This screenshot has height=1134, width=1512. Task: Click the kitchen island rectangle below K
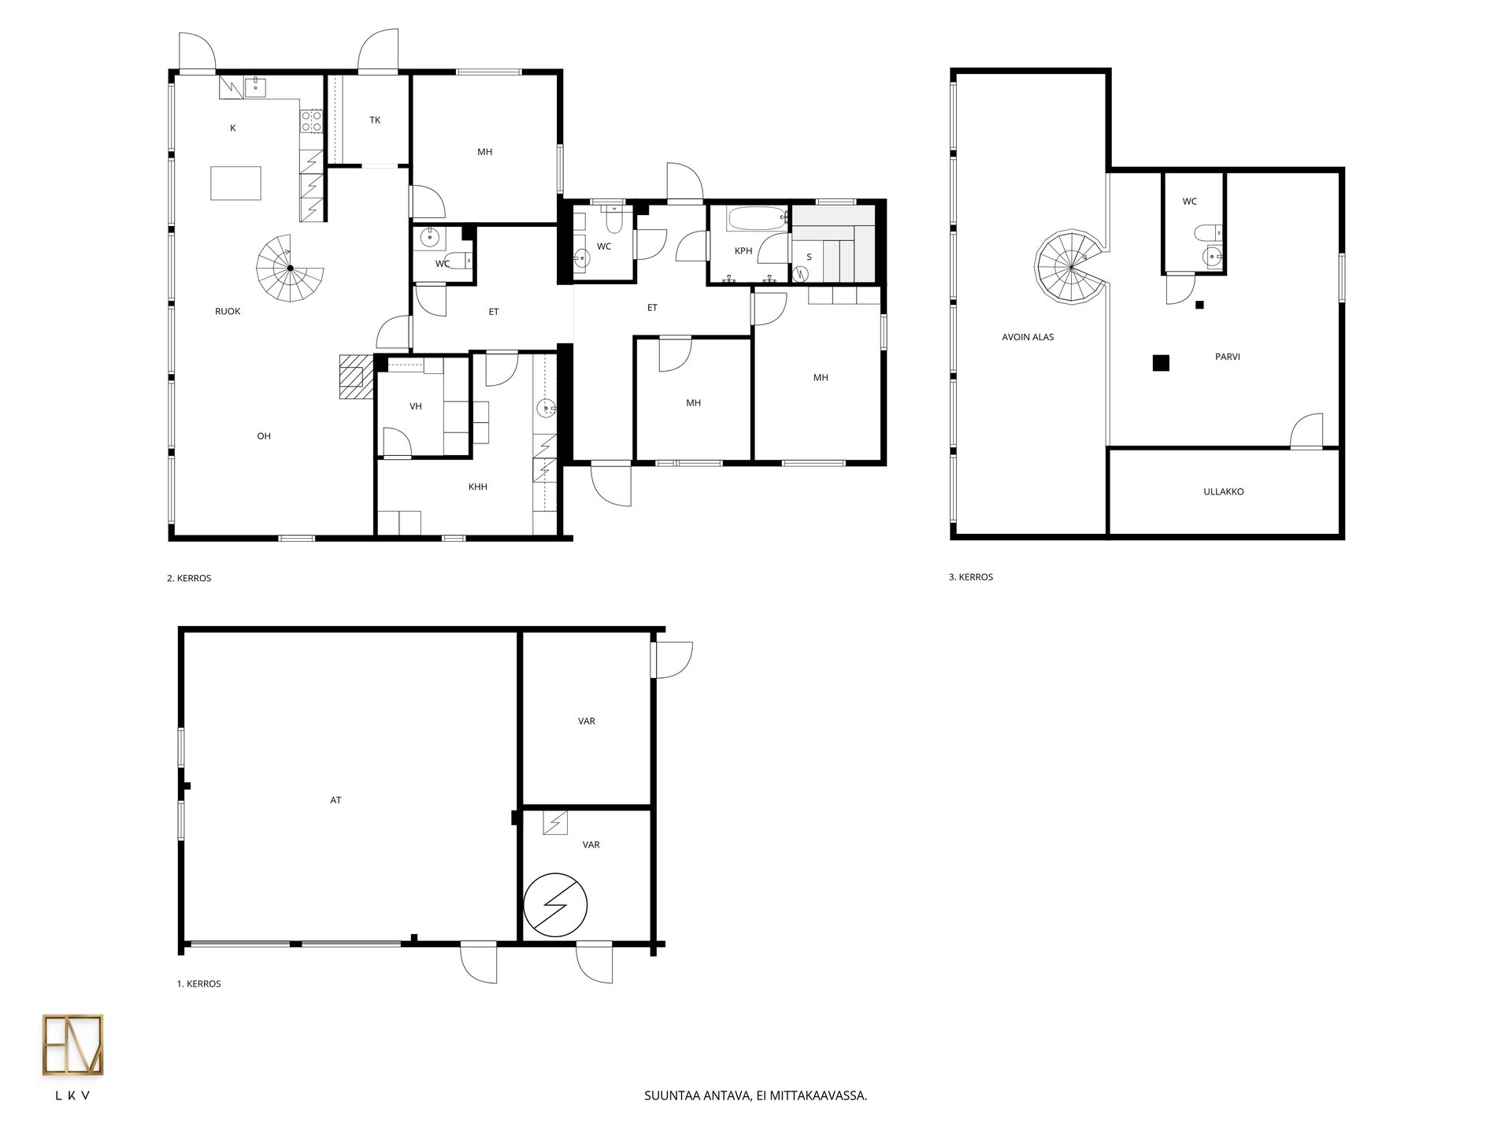coord(235,183)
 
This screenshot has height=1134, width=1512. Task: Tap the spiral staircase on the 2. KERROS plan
coord(290,268)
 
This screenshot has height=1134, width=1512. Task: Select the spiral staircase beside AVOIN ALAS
coord(1071,268)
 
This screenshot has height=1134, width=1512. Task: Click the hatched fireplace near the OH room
coord(355,376)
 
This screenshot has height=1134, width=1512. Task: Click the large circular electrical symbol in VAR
coord(556,905)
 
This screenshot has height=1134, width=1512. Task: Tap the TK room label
coord(375,120)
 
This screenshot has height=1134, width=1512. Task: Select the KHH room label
coord(478,487)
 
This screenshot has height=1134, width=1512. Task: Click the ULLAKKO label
coord(1224,491)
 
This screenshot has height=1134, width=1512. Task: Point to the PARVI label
coord(1228,357)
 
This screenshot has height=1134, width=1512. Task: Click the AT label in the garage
coord(335,800)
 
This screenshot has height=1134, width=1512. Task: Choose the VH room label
coord(416,406)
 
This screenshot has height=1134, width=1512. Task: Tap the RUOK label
coord(228,311)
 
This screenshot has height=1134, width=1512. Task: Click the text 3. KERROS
coord(971,577)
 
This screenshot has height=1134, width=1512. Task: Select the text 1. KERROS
coord(199,984)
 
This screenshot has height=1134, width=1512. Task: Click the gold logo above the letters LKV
coord(72,1045)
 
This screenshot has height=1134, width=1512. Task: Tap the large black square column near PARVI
coord(1161,363)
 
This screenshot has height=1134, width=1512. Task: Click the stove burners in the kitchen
coord(311,120)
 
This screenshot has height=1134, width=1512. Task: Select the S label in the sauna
coord(809,257)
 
